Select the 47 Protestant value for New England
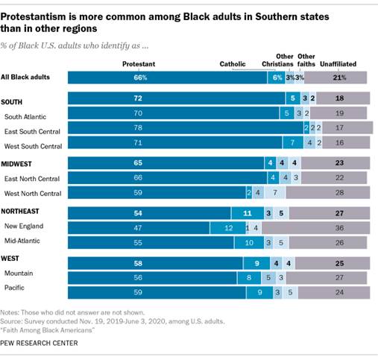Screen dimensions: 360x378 (139, 226)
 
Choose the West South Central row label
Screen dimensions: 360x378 (34, 142)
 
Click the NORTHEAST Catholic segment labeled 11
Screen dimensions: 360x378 (248, 212)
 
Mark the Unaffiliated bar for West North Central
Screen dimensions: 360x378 (327, 192)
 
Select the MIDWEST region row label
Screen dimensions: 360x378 (19, 161)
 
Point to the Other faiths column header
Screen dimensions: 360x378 (306, 60)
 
